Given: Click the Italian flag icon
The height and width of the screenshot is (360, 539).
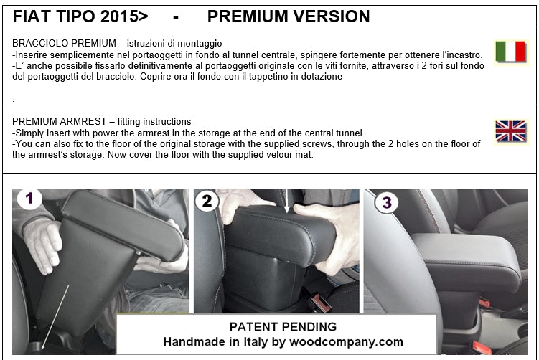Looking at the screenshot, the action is [511, 52].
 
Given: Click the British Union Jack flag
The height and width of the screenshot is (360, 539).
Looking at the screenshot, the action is [511, 131].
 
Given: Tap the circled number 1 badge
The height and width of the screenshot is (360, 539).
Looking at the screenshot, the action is [29, 198].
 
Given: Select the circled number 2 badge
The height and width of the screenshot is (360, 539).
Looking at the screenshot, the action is [207, 201].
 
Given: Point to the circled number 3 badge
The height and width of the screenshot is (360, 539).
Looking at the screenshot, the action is [387, 202].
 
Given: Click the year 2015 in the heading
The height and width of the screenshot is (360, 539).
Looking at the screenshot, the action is [118, 16].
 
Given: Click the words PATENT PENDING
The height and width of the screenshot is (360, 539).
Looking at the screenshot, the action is [283, 327].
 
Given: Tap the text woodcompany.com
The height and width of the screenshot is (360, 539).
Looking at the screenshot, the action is [346, 342].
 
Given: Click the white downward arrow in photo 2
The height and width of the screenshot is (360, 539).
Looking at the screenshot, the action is [287, 202].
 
